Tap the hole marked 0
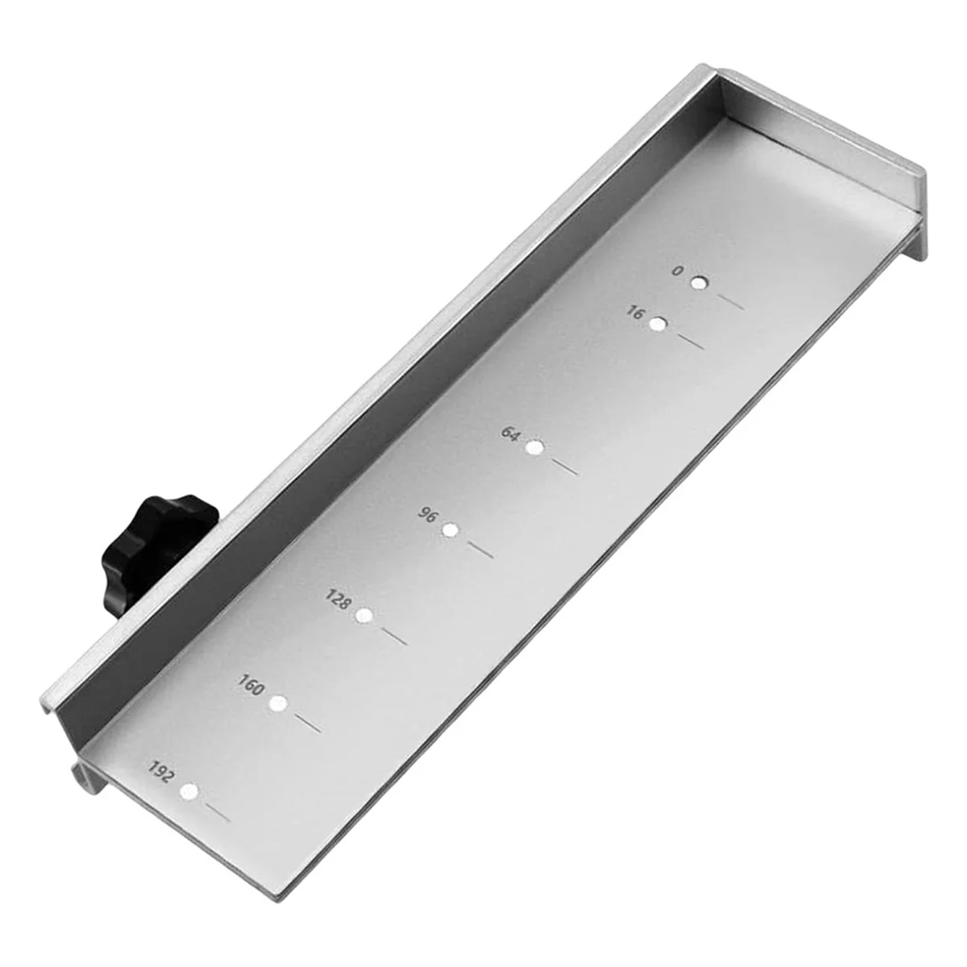[699, 284]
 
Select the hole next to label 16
[659, 325]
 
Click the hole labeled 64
[533, 448]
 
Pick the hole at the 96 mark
[451, 530]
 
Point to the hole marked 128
[364, 616]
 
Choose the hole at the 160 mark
[278, 703]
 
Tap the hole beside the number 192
[190, 791]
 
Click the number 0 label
[678, 272]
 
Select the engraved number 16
[636, 313]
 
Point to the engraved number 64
[511, 434]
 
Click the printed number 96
[428, 514]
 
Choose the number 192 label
[162, 772]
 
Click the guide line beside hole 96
[480, 550]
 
